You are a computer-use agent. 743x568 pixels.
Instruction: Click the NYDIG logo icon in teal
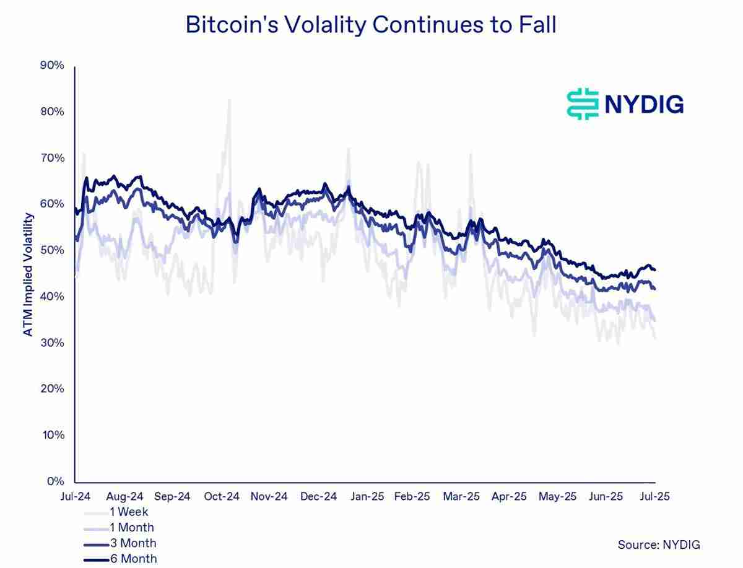click(x=583, y=103)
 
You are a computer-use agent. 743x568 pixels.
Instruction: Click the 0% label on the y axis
click(x=56, y=481)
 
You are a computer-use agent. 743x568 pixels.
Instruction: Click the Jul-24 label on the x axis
click(x=75, y=496)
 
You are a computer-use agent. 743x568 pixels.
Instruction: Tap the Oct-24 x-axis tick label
click(x=221, y=496)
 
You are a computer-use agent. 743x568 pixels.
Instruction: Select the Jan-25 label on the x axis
click(x=367, y=496)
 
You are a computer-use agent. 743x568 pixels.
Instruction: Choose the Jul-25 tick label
click(x=654, y=496)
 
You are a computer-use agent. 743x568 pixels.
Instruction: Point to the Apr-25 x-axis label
click(x=509, y=496)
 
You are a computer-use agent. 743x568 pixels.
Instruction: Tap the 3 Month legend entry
click(x=133, y=543)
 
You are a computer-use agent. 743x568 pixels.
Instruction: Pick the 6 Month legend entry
click(x=133, y=559)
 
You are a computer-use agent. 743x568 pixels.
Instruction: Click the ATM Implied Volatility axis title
click(x=28, y=274)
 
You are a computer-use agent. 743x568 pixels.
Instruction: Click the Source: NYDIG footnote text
click(x=659, y=544)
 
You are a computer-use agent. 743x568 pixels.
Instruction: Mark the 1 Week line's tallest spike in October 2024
click(x=229, y=99)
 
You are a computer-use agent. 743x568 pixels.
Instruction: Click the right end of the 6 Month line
click(x=655, y=269)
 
